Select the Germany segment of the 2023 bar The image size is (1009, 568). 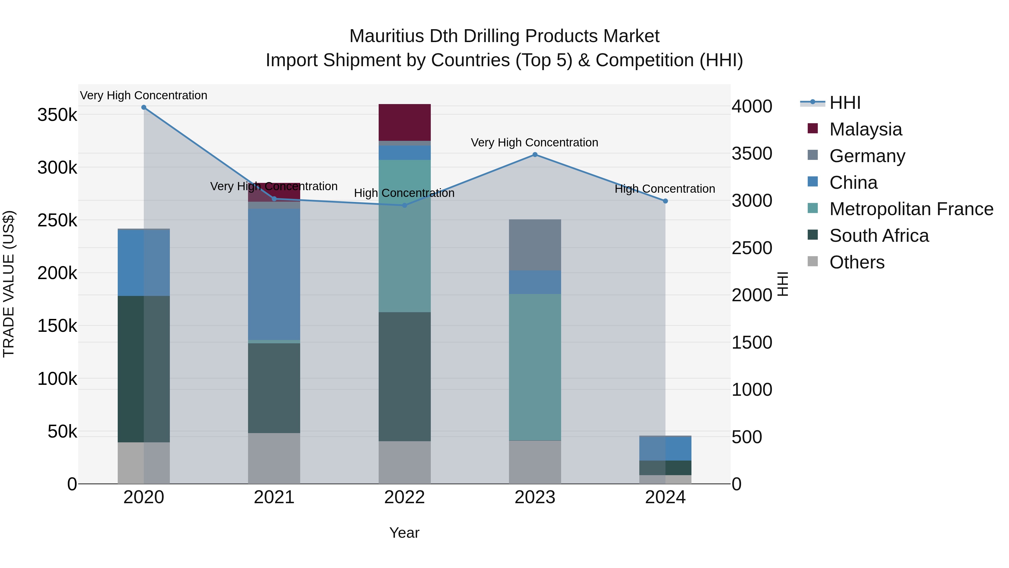click(x=535, y=245)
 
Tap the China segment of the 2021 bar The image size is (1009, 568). click(x=274, y=274)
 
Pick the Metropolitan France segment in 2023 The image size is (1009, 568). click(x=535, y=367)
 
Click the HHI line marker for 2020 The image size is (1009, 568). click(x=144, y=107)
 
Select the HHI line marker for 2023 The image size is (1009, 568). click(x=535, y=155)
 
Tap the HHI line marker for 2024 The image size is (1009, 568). click(x=665, y=201)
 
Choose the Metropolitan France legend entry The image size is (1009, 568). click(x=911, y=209)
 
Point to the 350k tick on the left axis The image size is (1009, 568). click(x=57, y=115)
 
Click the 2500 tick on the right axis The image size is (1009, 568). click(x=752, y=248)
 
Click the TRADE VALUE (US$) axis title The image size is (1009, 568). click(x=9, y=284)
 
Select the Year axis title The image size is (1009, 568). click(x=404, y=533)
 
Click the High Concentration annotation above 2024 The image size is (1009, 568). click(x=665, y=189)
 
